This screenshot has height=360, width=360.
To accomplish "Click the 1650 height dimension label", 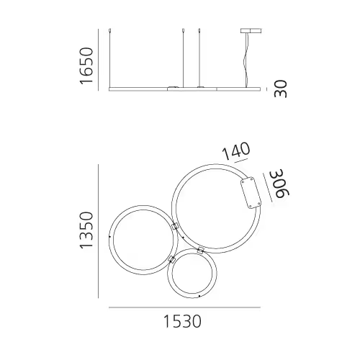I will click(x=87, y=66).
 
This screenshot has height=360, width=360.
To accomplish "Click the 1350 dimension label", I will click(x=87, y=230).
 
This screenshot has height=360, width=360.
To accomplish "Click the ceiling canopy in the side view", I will click(x=248, y=31).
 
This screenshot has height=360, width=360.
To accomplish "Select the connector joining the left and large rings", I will click(x=174, y=226).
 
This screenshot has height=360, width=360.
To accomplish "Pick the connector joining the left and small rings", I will click(x=171, y=257).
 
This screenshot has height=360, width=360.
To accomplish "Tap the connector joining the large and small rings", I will click(x=201, y=251).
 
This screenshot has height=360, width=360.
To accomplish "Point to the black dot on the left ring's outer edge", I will click(x=109, y=235).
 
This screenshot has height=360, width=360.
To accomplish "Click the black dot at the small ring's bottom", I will click(x=197, y=295).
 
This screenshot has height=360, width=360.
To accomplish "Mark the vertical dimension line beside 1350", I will click(x=99, y=230).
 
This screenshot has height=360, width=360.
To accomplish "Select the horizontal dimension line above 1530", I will click(x=184, y=308).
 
